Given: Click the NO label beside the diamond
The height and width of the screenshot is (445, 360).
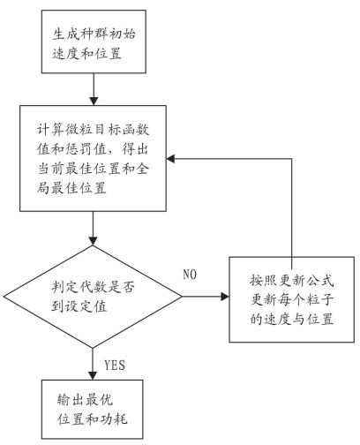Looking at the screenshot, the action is (190, 275).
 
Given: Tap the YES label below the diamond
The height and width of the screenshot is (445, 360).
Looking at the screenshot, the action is (115, 366).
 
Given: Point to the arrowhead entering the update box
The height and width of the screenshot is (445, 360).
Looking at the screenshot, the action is (225, 297).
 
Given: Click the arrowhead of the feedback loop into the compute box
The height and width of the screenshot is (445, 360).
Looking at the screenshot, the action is (171, 159).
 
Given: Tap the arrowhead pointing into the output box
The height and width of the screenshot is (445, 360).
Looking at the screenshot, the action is (93, 375).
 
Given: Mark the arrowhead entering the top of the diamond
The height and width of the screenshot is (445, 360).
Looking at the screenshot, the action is (93, 241).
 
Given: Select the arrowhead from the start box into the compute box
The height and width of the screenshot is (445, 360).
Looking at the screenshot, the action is (94, 102).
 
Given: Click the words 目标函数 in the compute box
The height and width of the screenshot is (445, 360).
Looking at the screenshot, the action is (122, 130).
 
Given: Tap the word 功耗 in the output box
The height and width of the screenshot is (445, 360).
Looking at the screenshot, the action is (114, 419).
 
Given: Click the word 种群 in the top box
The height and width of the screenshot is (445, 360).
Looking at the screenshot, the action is (94, 34).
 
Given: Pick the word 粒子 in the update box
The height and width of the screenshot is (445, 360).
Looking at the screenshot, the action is (320, 299).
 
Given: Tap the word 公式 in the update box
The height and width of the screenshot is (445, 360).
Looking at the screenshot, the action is (320, 281).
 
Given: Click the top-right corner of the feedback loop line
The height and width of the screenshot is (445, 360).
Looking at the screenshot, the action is (292, 159).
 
